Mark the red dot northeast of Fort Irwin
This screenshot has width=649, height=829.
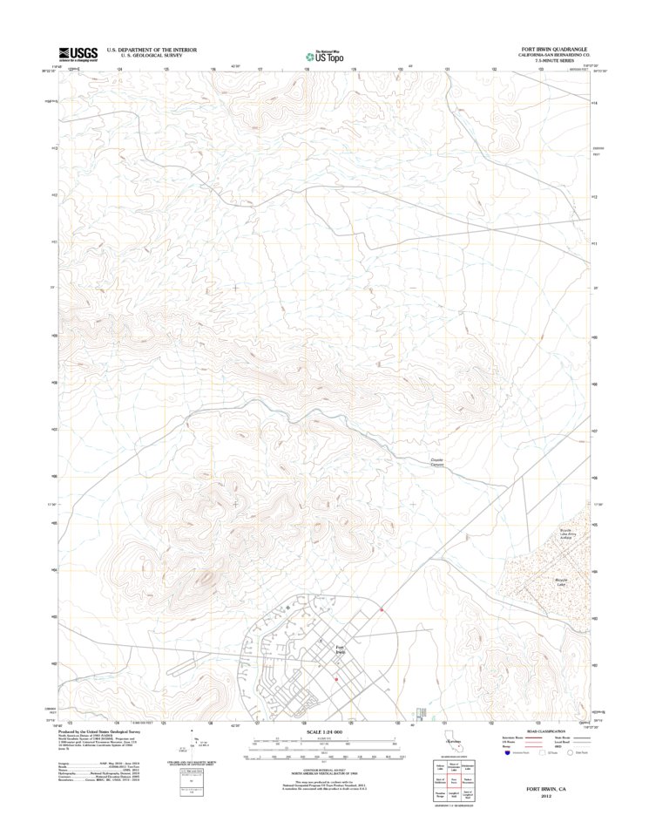(x=382, y=610)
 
